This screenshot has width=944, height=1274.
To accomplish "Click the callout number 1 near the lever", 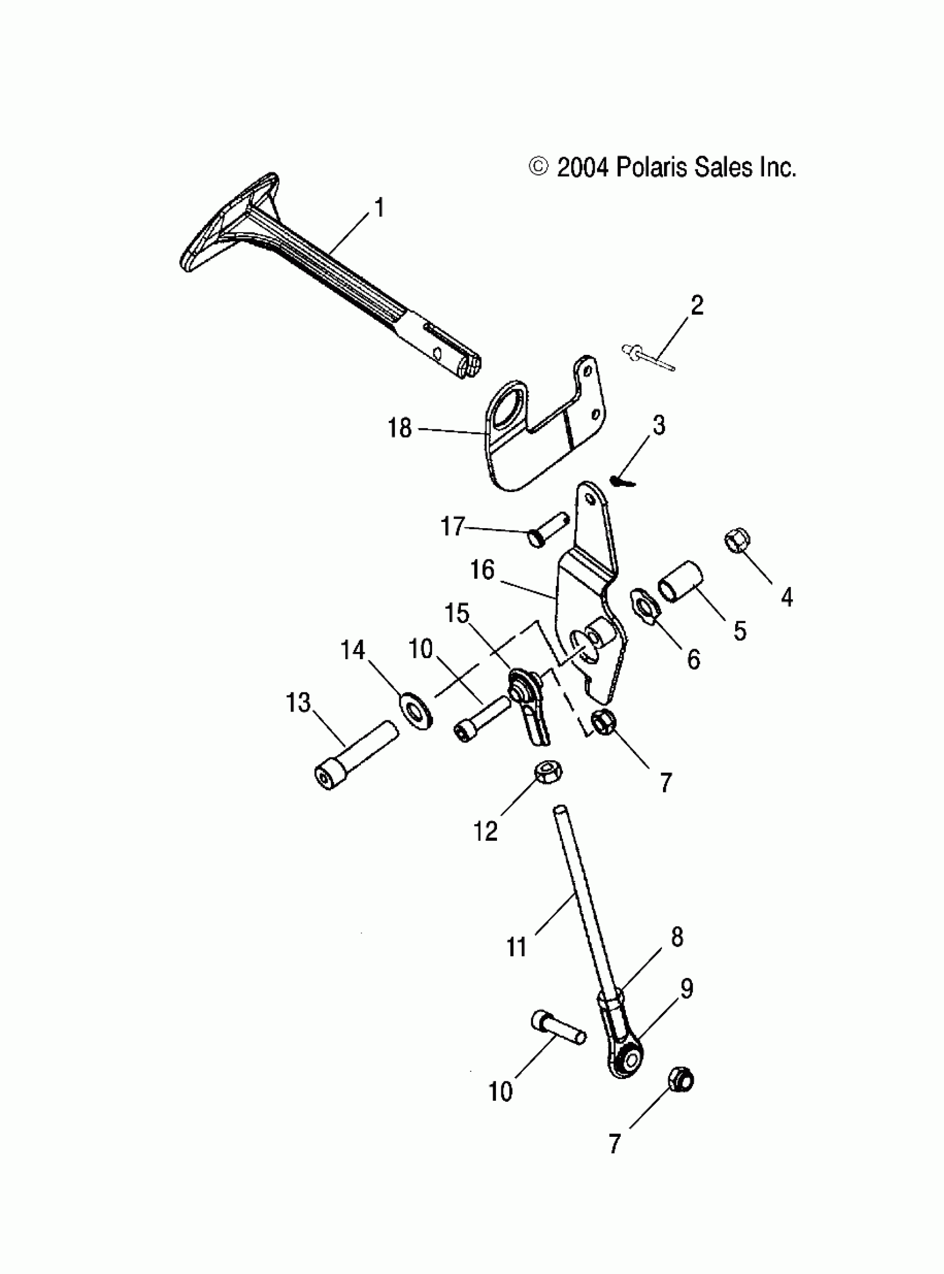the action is coord(379,208).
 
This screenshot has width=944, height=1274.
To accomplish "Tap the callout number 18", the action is coord(399,428).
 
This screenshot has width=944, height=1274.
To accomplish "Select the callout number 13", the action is coord(298,703).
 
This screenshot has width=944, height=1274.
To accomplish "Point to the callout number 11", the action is coord(516,947).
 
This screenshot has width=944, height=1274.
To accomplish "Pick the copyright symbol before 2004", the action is coord(539,168).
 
